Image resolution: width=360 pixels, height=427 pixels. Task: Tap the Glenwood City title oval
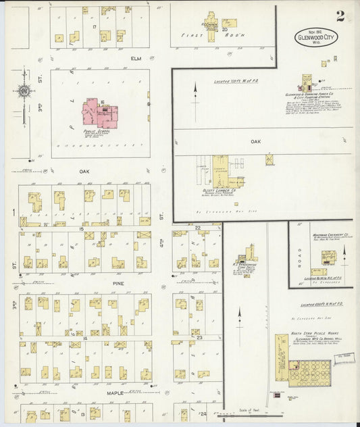[x=318, y=37]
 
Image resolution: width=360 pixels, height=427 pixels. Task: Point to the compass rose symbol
[x=24, y=91]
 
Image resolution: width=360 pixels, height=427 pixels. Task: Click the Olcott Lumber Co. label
[x=220, y=191]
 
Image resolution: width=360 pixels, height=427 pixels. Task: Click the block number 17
[x=96, y=26]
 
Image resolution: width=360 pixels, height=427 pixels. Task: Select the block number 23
[x=199, y=336]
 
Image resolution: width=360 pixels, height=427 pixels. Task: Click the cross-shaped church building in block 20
[x=211, y=22]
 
